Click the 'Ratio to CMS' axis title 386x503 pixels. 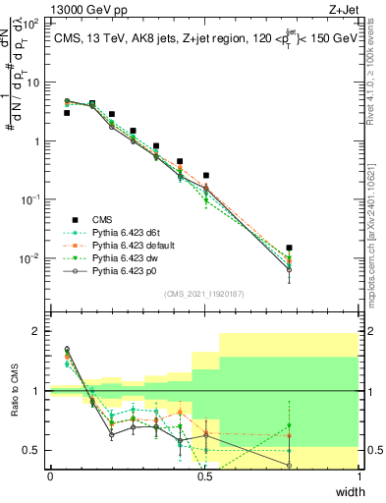click(x=13, y=404)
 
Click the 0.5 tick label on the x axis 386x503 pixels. click(x=204, y=477)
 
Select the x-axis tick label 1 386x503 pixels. click(x=359, y=477)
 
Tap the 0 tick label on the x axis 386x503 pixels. click(x=50, y=477)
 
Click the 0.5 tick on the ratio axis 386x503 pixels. click(x=34, y=450)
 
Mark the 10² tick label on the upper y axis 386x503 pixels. click(x=32, y=24)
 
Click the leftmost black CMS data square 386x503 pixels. click(x=67, y=113)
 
